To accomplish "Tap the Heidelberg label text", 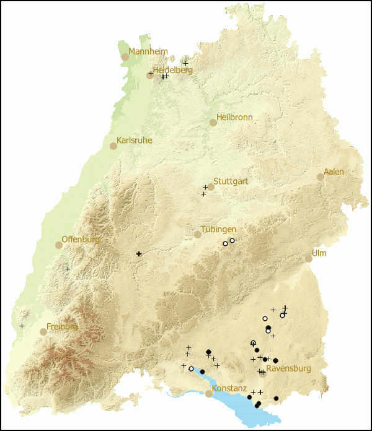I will [172, 70].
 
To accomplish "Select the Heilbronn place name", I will [234, 117].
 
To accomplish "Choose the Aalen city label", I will [334, 172].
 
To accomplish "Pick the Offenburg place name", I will [81, 240].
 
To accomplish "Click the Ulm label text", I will [319, 253].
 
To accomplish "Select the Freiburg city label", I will [62, 326].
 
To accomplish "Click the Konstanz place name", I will [230, 388].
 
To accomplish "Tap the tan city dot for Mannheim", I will [125, 56].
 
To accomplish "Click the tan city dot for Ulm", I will [309, 259].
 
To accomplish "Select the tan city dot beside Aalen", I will [321, 177].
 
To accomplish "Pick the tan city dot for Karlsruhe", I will [113, 146].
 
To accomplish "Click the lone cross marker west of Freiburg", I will [22, 326].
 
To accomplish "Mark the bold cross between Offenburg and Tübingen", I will [139, 254].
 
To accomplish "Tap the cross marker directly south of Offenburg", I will [68, 269].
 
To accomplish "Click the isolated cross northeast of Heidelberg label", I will [185, 63].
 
